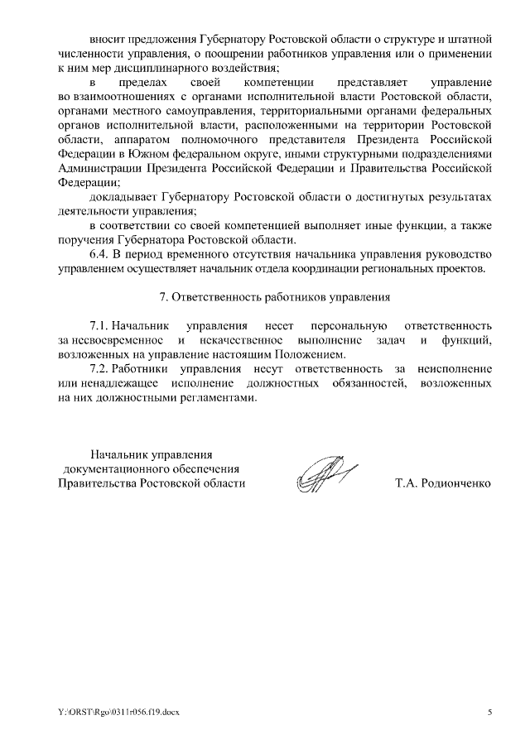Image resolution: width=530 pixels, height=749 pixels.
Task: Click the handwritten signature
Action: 321,478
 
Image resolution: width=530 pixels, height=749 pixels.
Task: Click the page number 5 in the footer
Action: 489,712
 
